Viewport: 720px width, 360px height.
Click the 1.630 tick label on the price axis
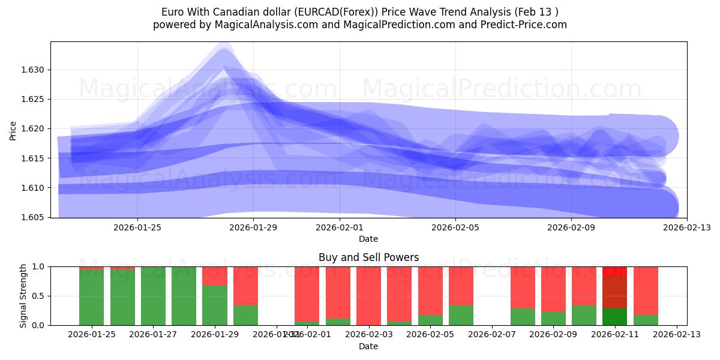click(34, 70)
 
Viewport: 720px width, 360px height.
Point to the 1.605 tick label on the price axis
click(34, 217)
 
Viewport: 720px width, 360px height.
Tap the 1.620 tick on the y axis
click(34, 128)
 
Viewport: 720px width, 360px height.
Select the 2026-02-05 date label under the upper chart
click(455, 227)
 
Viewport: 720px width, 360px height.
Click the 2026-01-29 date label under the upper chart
click(253, 227)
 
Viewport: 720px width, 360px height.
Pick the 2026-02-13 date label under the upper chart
click(687, 227)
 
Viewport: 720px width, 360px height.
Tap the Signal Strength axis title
click(23, 296)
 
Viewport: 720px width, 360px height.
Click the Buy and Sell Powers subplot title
click(368, 257)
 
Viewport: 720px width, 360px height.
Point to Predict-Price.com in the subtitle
click(520, 25)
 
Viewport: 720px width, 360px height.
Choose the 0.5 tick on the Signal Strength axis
click(38, 296)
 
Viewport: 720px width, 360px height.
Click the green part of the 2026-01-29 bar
click(215, 305)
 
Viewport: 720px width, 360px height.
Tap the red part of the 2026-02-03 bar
click(368, 295)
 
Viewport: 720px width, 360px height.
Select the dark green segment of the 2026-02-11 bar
click(614, 317)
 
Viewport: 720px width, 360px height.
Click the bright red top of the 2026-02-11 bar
click(614, 271)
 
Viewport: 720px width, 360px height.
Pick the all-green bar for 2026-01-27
click(153, 296)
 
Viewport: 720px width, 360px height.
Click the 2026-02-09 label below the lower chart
click(553, 335)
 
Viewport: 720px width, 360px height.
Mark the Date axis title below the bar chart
click(368, 346)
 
